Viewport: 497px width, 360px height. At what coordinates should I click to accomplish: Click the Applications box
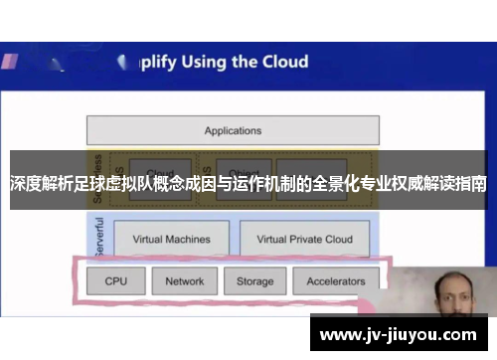tap(233, 130)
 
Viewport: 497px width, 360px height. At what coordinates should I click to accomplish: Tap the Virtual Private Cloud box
tap(304, 239)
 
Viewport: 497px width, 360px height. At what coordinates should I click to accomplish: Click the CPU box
tap(116, 281)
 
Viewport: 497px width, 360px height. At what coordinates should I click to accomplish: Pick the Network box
tap(184, 281)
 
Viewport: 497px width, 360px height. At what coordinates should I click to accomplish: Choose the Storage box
tap(254, 281)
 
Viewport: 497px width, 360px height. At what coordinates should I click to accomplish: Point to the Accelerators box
tap(335, 281)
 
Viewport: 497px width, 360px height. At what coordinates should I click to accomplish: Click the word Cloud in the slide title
tap(284, 62)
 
